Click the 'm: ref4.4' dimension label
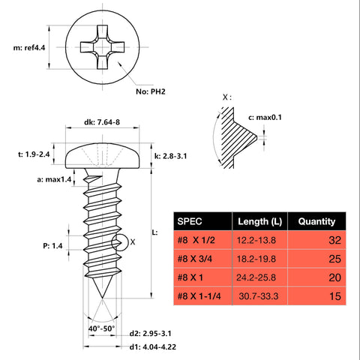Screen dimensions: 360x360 [25, 46]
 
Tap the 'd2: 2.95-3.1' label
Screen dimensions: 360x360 [155, 332]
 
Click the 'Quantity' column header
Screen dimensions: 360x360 [316, 222]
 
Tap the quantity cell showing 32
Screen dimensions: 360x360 [334, 241]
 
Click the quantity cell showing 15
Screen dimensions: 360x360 [334, 296]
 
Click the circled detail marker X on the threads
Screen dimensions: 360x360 [118, 241]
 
